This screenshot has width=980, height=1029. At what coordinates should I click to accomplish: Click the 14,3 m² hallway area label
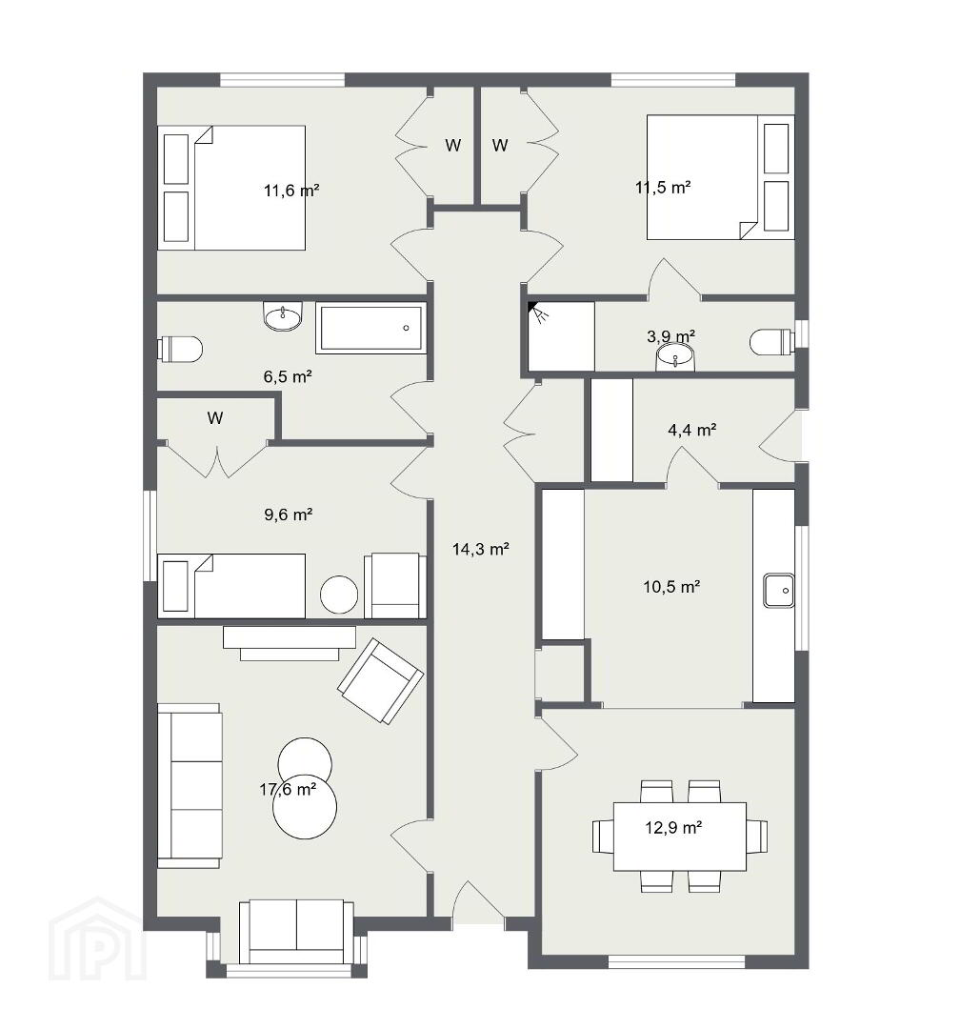point(480,550)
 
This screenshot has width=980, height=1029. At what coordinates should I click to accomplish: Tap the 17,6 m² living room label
point(288,790)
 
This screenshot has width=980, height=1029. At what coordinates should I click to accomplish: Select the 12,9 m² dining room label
point(673,828)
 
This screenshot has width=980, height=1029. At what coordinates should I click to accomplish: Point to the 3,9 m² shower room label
point(670,336)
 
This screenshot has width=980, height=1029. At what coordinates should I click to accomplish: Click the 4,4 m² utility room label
point(691,430)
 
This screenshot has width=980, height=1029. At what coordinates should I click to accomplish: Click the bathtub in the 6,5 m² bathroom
point(370,328)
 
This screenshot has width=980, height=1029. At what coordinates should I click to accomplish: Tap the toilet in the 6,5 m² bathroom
point(180,349)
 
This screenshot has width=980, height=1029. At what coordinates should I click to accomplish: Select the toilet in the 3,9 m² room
point(772,341)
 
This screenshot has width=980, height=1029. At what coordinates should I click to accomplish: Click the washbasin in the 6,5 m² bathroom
point(283,316)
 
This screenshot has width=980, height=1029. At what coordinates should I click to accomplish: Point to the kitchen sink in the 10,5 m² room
point(779,591)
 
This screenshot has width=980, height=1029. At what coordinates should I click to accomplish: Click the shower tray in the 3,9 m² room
point(562,336)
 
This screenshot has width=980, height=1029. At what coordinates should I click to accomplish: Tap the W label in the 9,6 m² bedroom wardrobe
point(214,418)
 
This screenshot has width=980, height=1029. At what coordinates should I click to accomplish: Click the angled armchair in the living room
point(380,681)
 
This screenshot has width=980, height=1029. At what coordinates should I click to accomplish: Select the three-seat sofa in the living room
point(190,785)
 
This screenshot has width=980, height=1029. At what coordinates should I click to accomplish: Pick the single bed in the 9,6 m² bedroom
point(231,586)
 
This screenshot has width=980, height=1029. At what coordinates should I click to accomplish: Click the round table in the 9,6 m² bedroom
point(338,595)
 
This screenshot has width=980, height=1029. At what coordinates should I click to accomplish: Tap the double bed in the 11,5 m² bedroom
point(720,177)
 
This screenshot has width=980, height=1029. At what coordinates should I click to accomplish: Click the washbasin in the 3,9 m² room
point(675,357)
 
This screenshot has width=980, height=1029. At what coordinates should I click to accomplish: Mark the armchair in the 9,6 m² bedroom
point(395,585)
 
